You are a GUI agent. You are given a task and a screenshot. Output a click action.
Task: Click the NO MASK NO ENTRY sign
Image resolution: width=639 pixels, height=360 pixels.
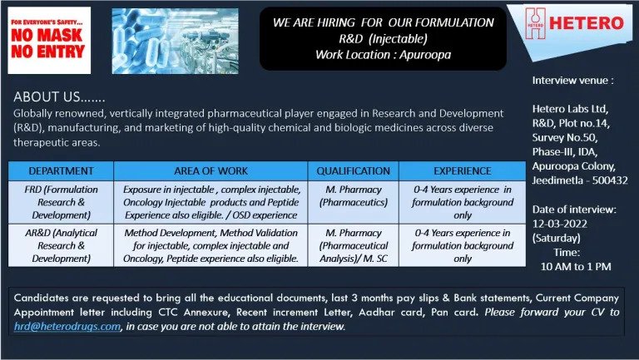point(49,40)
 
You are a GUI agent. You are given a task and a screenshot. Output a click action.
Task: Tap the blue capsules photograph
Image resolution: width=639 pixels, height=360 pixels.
point(176,41)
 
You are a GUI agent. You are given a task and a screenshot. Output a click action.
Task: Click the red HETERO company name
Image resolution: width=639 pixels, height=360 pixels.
point(587,22)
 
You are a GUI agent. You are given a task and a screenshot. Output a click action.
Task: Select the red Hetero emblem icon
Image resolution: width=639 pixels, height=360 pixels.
point(535,23)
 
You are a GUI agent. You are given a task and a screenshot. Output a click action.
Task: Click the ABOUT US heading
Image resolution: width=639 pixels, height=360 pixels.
point(60,97)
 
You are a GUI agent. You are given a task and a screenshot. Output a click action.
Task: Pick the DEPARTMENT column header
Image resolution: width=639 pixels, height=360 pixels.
point(61,171)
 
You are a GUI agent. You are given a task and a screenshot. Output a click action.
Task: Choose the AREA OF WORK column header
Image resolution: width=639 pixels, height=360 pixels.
point(211,171)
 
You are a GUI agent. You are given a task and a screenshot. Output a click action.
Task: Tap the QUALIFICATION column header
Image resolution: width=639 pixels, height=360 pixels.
point(354,171)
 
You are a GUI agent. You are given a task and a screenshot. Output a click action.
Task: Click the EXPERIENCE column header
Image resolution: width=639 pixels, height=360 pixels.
point(462,171)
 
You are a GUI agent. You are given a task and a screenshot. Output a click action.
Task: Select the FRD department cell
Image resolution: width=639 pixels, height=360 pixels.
point(61,202)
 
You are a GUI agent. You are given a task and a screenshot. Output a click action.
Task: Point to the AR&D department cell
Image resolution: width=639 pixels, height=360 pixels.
point(61,245)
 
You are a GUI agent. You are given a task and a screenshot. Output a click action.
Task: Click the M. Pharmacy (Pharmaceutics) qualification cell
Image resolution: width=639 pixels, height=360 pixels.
point(354,202)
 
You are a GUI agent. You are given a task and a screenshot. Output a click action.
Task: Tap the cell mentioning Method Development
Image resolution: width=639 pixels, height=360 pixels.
point(211,245)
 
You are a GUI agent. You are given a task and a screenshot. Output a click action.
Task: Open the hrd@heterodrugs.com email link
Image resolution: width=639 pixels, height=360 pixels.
point(67,327)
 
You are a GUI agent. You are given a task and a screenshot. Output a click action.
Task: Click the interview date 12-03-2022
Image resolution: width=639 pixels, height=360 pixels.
point(559,224)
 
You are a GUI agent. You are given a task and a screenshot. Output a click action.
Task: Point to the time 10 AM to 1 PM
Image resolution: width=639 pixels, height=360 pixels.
point(576,267)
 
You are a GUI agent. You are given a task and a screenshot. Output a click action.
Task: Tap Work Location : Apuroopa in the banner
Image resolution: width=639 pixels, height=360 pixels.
point(383,55)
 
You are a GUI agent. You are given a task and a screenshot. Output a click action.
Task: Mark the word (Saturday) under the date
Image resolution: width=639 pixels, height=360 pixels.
point(557,239)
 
